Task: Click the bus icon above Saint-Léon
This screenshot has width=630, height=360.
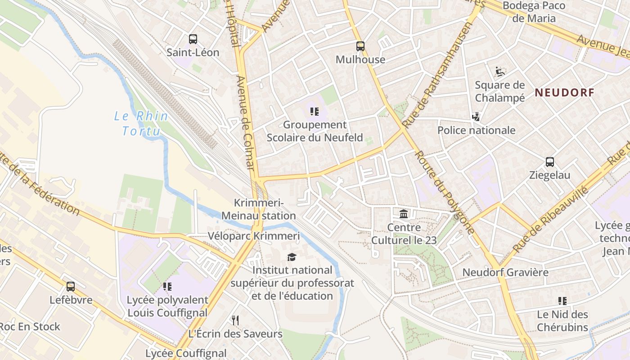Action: pyautogui.click(x=193, y=39)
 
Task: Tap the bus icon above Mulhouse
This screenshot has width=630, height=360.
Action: pyautogui.click(x=360, y=46)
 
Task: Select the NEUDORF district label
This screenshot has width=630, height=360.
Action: pyautogui.click(x=564, y=93)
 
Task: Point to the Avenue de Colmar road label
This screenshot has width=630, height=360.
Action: pyautogui.click(x=246, y=122)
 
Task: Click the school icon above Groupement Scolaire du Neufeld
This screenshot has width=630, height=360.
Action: pyautogui.click(x=315, y=111)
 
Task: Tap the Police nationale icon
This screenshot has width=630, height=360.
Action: pyautogui.click(x=476, y=117)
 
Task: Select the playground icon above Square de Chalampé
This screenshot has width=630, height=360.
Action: pyautogui.click(x=499, y=72)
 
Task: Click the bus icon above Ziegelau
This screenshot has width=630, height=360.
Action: pyautogui.click(x=549, y=162)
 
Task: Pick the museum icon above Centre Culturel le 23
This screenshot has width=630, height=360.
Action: pyautogui.click(x=404, y=214)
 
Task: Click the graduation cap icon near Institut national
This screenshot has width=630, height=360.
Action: pyautogui.click(x=292, y=257)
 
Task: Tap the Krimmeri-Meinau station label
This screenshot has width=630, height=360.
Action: pyautogui.click(x=259, y=209)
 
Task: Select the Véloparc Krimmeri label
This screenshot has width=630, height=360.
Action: pyautogui.click(x=253, y=236)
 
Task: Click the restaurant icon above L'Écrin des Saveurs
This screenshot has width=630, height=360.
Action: pyautogui.click(x=235, y=320)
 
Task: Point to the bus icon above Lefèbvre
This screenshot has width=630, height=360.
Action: pyautogui.click(x=71, y=287)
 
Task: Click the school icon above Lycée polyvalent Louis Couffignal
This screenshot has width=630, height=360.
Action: pyautogui.click(x=167, y=287)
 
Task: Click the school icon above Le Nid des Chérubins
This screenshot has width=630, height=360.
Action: pyautogui.click(x=562, y=301)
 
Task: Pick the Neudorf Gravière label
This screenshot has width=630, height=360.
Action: pyautogui.click(x=505, y=272)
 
